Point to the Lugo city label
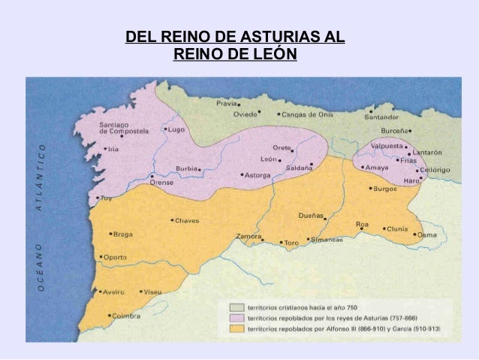click(x=177, y=129)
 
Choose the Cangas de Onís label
click(x=307, y=115)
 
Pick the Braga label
click(x=122, y=234)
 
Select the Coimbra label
click(x=125, y=316)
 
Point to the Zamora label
click(x=248, y=236)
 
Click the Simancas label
click(x=327, y=240)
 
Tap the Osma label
click(x=426, y=234)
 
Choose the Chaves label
click(x=186, y=221)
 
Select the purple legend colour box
click(x=236, y=318)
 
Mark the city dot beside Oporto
click(x=100, y=256)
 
